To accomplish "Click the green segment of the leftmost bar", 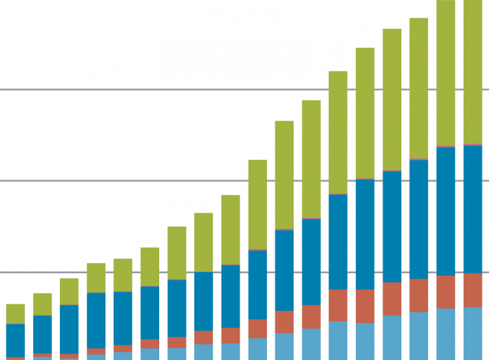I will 15,313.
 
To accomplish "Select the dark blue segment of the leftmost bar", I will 15,340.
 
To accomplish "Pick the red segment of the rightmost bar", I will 472,290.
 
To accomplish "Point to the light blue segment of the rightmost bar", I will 472,333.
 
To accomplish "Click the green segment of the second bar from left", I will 42,304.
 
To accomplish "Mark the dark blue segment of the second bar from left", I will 42,334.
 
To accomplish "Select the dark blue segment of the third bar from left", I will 69,329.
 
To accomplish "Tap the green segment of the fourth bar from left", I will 96,278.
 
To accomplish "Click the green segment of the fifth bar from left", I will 123,275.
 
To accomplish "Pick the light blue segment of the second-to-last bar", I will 446,334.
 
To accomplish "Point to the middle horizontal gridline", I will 127,180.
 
